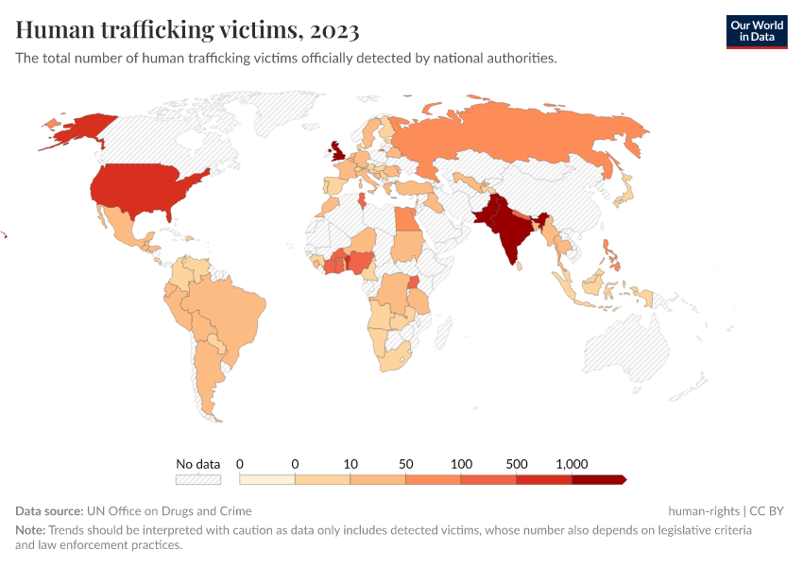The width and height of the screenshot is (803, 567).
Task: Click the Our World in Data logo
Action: click(756, 31)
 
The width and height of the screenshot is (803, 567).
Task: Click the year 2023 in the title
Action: click(333, 31)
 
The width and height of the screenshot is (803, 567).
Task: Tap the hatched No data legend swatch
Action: click(197, 480)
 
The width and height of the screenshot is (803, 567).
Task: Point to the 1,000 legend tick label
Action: click(572, 464)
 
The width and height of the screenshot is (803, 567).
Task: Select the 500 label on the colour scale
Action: click(516, 464)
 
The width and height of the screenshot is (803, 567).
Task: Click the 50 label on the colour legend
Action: click(405, 464)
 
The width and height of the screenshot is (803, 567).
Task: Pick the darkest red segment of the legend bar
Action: click(598, 480)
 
